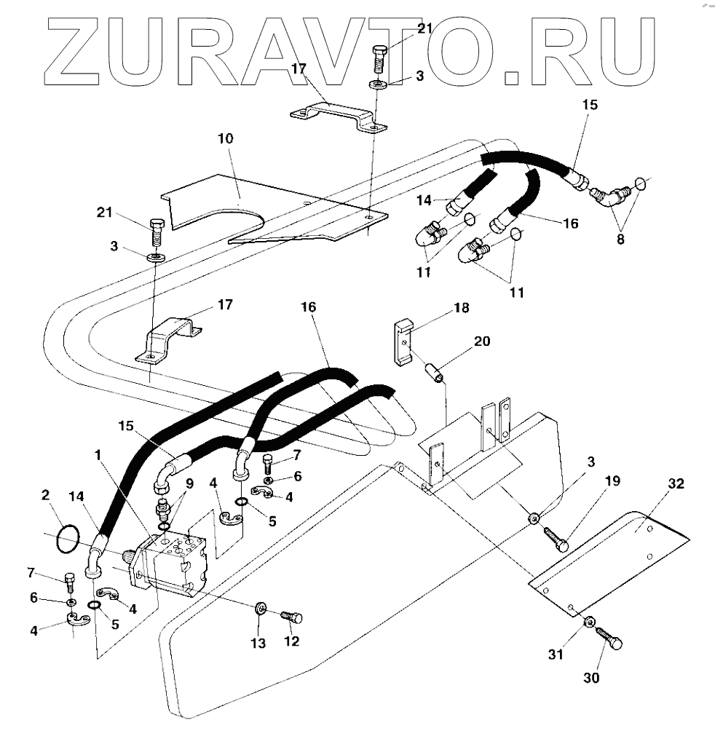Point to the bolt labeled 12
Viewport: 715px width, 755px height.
(x=291, y=617)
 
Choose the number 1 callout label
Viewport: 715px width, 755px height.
(x=98, y=454)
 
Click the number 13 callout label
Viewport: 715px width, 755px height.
(x=258, y=643)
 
